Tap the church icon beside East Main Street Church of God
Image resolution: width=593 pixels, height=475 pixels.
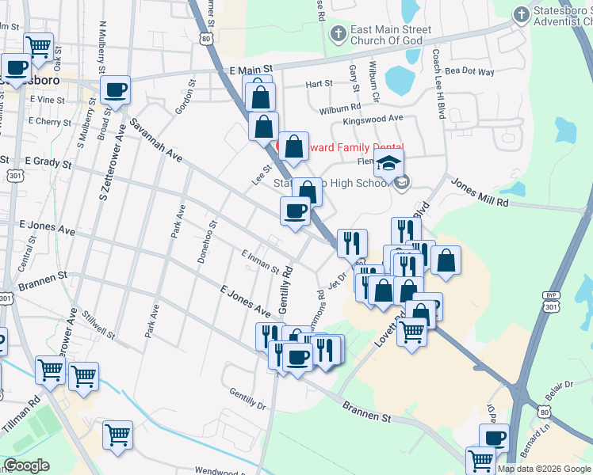point(339,34)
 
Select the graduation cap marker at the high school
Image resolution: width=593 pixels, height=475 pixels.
point(388,164)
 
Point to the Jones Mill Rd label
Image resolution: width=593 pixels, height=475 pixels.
point(480,192)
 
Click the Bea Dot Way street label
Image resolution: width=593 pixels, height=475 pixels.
point(469,72)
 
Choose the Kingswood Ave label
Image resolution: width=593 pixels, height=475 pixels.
point(373,120)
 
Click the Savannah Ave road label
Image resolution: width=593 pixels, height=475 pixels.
point(157,142)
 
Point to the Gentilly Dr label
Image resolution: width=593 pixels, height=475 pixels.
point(247,399)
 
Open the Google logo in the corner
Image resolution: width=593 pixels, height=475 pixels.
point(26,465)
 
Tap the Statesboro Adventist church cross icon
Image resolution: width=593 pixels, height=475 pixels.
point(521,14)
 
